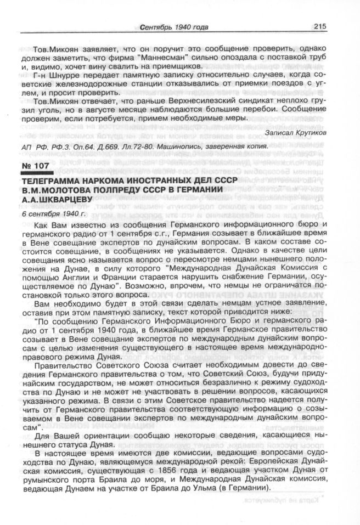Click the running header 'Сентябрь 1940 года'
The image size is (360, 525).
coord(175,27)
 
